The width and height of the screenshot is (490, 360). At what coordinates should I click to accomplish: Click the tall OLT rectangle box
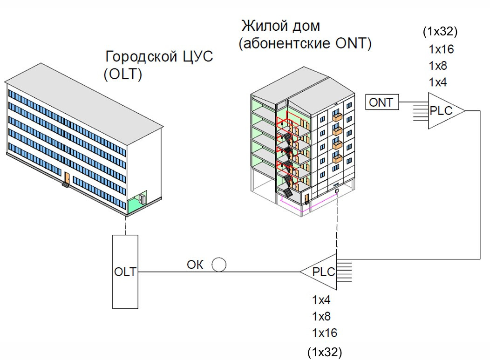tap(125, 271)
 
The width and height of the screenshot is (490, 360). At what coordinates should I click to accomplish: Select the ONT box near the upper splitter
tap(381, 102)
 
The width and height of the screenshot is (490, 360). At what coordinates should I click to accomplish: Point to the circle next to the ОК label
tap(219, 265)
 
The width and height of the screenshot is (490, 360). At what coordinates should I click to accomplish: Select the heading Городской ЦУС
tap(159, 57)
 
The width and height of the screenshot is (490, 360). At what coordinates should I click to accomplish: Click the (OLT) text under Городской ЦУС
tap(123, 75)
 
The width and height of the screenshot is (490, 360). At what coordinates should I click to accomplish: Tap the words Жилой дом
tap(280, 25)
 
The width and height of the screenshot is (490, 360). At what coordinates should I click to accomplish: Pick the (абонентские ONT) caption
tap(305, 44)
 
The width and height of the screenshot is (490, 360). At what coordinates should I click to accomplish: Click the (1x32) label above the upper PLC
tap(440, 32)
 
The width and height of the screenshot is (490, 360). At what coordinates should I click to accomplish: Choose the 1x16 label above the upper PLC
tap(441, 49)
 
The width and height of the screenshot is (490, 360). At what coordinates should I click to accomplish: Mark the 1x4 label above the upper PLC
tap(438, 82)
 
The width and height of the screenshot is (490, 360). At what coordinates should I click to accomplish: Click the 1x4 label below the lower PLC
tap(321, 299)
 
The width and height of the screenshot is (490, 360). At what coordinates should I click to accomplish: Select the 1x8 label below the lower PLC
tap(321, 317)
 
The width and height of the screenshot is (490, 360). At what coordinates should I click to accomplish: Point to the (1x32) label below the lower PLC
tap(325, 352)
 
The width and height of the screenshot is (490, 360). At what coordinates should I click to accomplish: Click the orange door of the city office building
tap(67, 178)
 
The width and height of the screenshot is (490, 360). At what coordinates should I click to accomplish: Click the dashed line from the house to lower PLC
tap(336, 224)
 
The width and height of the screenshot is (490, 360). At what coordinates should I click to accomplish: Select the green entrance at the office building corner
tap(136, 202)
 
